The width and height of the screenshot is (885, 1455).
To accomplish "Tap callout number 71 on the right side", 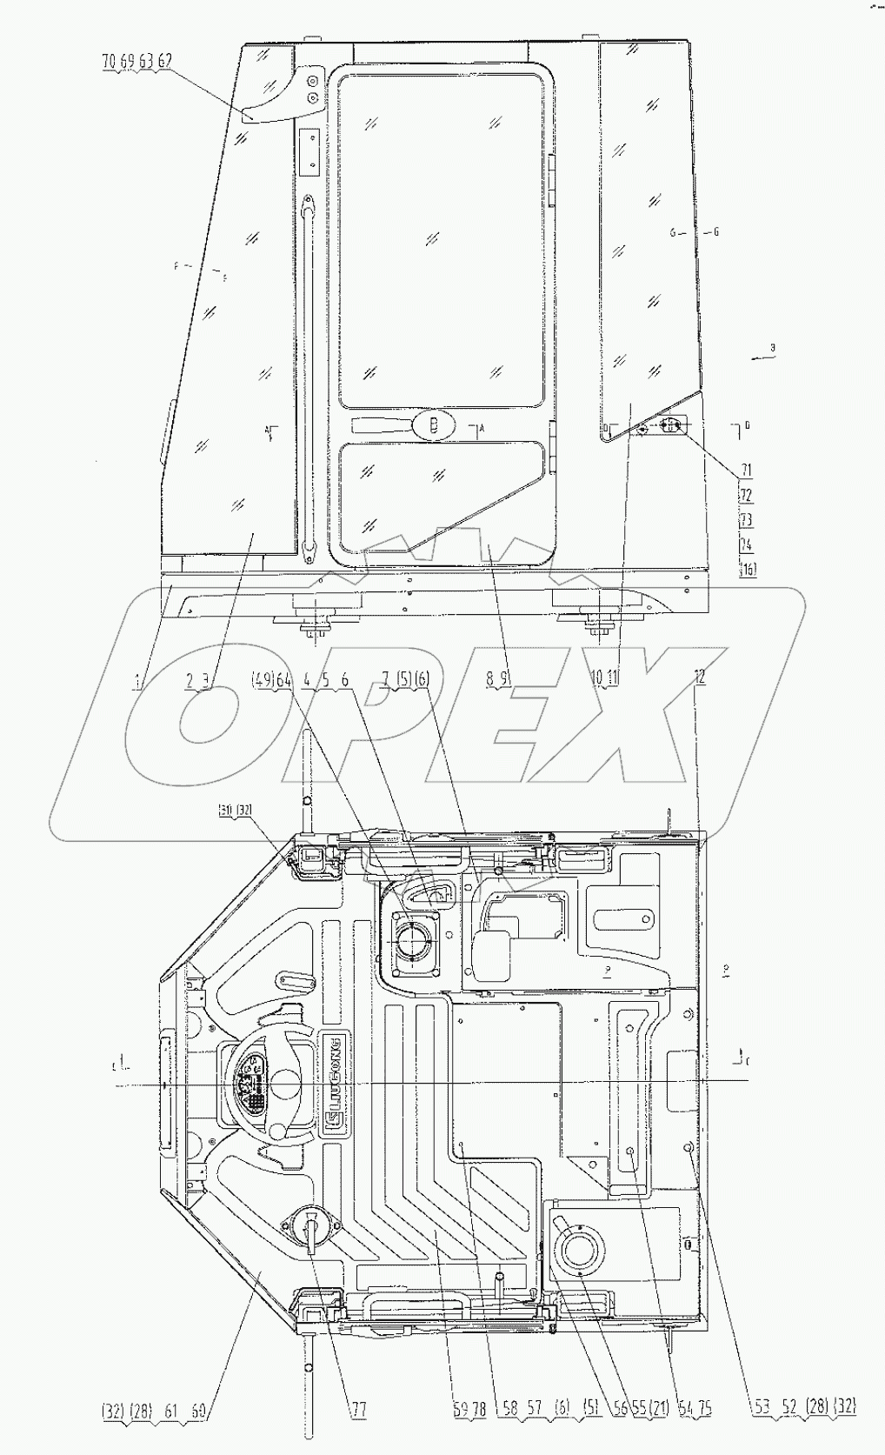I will (x=745, y=471).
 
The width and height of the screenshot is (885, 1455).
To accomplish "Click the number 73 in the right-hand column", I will (x=745, y=520).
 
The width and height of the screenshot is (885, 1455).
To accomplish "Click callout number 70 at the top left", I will (x=107, y=61).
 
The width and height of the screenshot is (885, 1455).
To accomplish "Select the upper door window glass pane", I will (x=441, y=239).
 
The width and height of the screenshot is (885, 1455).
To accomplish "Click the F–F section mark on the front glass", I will (x=199, y=270).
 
